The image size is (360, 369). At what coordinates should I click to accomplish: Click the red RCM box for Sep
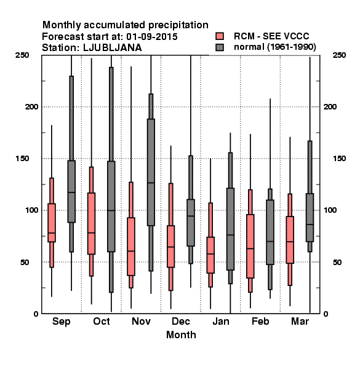tap(52, 223)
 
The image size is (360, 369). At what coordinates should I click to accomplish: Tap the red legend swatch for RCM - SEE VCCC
tap(220, 36)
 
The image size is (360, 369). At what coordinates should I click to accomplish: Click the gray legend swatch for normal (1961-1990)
tap(220, 47)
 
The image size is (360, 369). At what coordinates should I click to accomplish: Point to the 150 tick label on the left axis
tap(22, 159)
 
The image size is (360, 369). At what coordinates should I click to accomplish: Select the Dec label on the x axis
tap(181, 321)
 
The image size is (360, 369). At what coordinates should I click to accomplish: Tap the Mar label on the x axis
tap(300, 321)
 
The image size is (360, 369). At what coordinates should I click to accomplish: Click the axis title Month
tap(181, 335)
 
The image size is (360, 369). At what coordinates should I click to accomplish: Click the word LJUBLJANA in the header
tap(113, 48)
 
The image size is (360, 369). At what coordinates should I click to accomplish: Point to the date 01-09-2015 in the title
tap(152, 37)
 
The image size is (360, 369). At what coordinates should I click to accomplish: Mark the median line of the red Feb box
tap(250, 248)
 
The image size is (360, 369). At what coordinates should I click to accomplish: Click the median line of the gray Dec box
tap(191, 216)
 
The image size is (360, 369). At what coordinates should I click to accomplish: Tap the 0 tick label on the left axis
tap(36, 314)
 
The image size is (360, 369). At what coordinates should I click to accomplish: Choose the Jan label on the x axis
tap(220, 321)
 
